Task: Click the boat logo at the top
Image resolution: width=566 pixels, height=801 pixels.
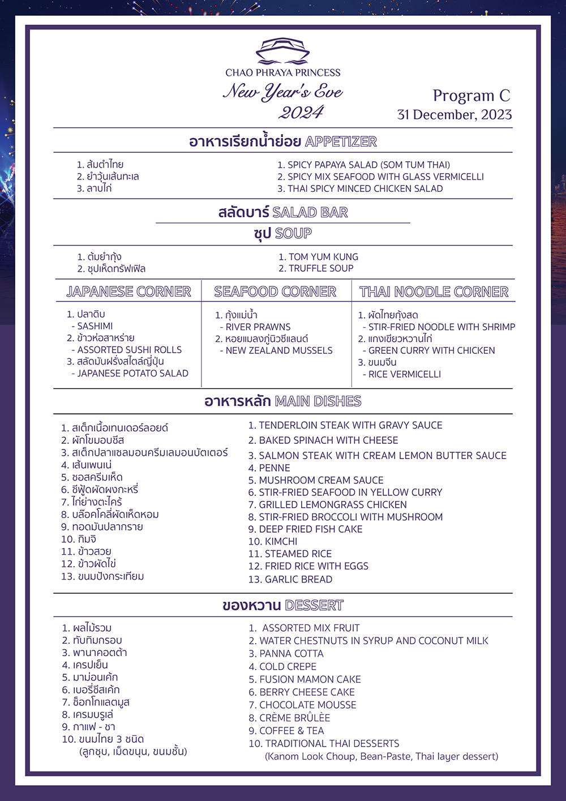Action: click(282, 51)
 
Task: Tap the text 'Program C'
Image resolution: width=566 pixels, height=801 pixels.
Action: click(471, 96)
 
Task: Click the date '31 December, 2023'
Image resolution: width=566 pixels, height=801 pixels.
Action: click(454, 115)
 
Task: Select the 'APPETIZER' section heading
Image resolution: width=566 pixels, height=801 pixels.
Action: click(341, 142)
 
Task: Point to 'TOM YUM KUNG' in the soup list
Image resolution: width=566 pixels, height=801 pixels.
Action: click(323, 257)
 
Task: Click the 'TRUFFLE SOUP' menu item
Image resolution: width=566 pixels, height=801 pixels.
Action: click(321, 268)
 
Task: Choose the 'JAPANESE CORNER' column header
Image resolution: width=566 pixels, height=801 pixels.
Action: click(128, 292)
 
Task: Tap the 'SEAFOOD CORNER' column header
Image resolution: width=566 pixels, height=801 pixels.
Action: click(275, 292)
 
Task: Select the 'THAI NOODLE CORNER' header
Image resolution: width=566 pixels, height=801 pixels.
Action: click(434, 292)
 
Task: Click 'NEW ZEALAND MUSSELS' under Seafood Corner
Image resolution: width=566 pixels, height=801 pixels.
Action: click(279, 351)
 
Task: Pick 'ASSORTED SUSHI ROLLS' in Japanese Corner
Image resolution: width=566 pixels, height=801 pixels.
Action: click(130, 350)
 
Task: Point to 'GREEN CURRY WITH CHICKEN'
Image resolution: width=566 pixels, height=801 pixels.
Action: click(431, 350)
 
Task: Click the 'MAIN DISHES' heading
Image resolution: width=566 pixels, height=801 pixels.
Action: click(318, 401)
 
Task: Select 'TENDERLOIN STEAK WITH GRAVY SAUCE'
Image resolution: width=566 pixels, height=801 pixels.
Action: click(350, 426)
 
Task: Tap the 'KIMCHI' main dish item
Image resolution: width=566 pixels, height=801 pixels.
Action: click(281, 542)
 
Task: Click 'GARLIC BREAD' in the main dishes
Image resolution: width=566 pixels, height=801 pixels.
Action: click(298, 580)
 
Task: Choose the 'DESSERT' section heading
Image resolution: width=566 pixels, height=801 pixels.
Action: click(314, 606)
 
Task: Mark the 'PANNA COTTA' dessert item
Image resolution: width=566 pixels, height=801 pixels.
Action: click(291, 654)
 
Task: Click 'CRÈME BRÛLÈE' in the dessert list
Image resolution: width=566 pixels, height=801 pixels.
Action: click(294, 718)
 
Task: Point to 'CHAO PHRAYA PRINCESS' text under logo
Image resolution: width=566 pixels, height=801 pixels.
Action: click(283, 72)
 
